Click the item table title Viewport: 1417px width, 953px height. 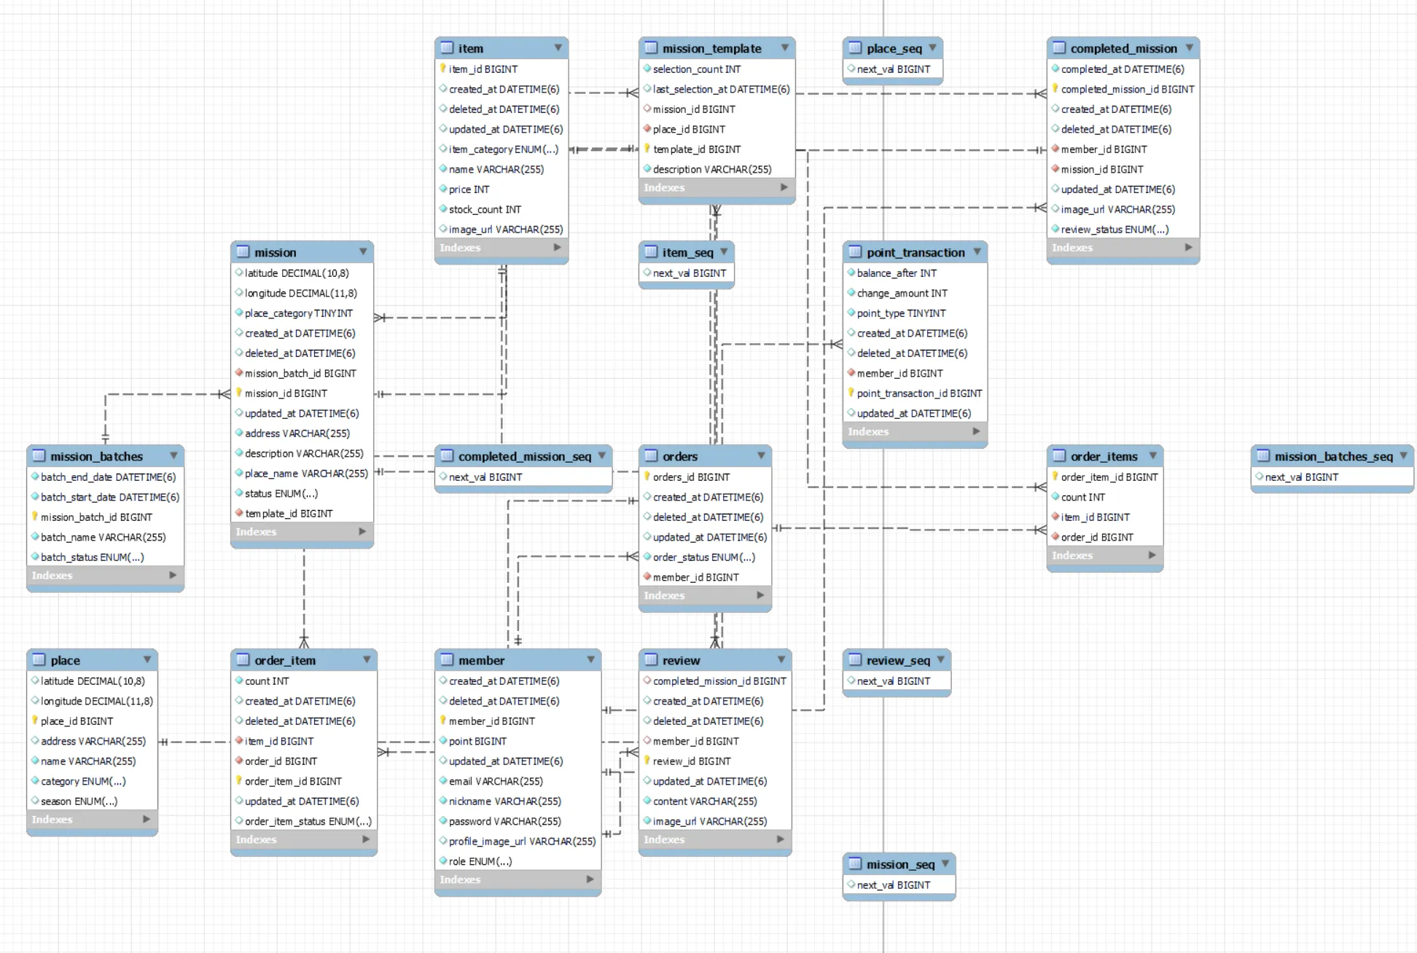[470, 49]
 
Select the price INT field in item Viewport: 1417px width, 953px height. [469, 189]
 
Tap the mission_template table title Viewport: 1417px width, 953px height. [711, 49]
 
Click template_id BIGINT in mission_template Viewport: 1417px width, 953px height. [696, 149]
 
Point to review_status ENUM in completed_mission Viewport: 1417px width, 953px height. [1115, 230]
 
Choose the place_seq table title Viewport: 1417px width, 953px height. [894, 49]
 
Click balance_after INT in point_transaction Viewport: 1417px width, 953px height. [897, 273]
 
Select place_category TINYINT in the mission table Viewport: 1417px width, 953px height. [298, 313]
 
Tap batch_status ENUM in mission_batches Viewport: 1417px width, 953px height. [92, 557]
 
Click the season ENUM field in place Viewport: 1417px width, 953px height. [79, 801]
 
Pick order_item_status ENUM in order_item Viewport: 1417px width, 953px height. [308, 822]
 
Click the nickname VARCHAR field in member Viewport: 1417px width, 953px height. [504, 801]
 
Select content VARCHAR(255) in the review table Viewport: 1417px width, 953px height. [705, 801]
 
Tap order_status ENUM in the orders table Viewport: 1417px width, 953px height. [703, 557]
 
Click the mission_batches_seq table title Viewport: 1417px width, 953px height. [1333, 457]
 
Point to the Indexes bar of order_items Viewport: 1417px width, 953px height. [1104, 556]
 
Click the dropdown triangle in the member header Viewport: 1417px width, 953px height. [590, 660]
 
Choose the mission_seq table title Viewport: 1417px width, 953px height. [900, 865]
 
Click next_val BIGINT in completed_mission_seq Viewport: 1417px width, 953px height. [485, 477]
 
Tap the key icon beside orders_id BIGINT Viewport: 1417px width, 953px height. [647, 476]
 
